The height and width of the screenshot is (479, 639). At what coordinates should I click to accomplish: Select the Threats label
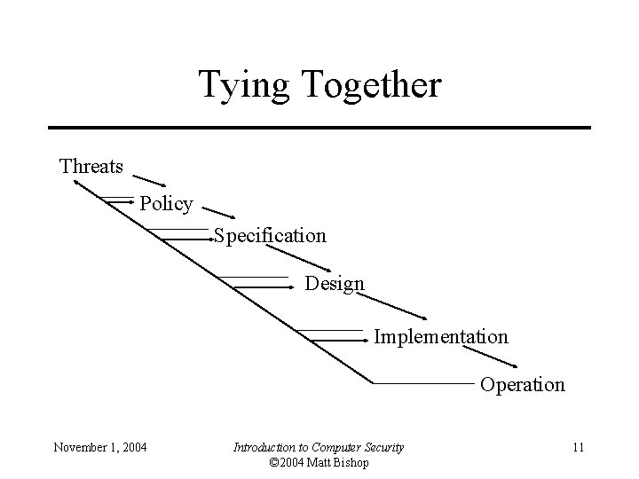pyautogui.click(x=91, y=166)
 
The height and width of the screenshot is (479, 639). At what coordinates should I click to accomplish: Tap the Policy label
pyautogui.click(x=166, y=203)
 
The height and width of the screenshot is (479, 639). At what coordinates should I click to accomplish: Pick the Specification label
pyautogui.click(x=269, y=236)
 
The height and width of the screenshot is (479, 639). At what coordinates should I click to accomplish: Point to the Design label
pyautogui.click(x=334, y=284)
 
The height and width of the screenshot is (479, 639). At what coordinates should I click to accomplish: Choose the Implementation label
pyautogui.click(x=440, y=337)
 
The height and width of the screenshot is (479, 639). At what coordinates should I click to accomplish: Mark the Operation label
pyautogui.click(x=522, y=385)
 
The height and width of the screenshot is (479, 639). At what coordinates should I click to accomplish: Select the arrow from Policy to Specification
pyautogui.click(x=220, y=213)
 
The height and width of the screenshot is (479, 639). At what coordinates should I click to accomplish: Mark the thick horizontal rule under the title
pyautogui.click(x=319, y=128)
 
